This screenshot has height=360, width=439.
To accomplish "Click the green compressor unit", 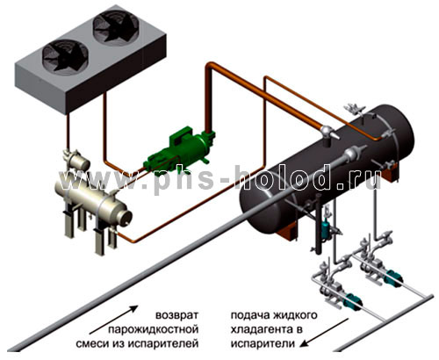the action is pyautogui.click(x=179, y=151).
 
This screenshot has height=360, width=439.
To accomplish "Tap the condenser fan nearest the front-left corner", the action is pyautogui.click(x=65, y=55).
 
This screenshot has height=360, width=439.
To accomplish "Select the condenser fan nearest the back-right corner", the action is pyautogui.click(x=116, y=25).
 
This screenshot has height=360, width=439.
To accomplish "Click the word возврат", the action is pyautogui.click(x=176, y=316).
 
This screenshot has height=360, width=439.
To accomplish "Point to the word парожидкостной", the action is pyautogui.click(x=154, y=329).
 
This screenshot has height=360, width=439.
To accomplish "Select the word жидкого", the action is pyautogui.click(x=295, y=316).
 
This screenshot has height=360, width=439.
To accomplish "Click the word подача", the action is pyautogui.click(x=250, y=316).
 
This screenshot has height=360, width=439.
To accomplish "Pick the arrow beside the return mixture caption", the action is pyautogui.click(x=113, y=320).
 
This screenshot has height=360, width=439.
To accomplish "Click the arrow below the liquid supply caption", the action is pyautogui.click(x=325, y=333).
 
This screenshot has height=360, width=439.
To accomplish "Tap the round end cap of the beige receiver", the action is pyautogui.click(x=125, y=218).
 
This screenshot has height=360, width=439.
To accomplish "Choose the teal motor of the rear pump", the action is pyautogui.click(x=393, y=277).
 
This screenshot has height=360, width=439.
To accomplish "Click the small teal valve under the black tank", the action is pyautogui.click(x=326, y=228).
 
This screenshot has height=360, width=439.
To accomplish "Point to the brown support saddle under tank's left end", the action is pyautogui.click(x=288, y=229).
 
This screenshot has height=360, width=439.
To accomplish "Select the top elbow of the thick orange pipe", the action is pyautogui.click(x=210, y=67).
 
